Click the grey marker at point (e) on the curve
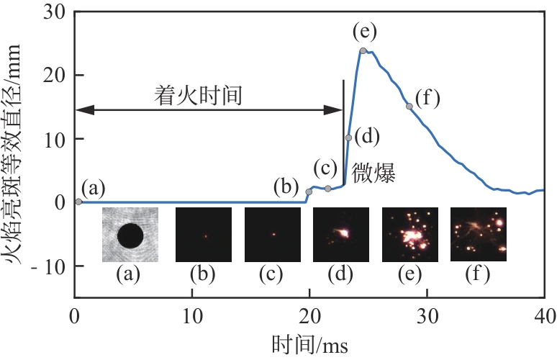pyautogui.click(x=363, y=50)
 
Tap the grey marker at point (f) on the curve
pyautogui.click(x=409, y=107)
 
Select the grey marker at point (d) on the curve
pyautogui.click(x=348, y=138)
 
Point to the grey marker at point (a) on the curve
pyautogui.click(x=78, y=202)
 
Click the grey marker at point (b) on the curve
pyautogui.click(x=309, y=192)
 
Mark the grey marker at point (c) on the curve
pyautogui.click(x=328, y=188)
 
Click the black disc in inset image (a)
pyautogui.click(x=130, y=235)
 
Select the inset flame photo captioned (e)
pyautogui.click(x=409, y=235)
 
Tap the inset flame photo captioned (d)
pyautogui.click(x=340, y=235)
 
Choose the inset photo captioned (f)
pyautogui.click(x=478, y=235)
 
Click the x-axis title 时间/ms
pyautogui.click(x=309, y=346)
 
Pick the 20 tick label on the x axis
pyautogui.click(x=309, y=315)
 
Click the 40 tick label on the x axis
pyautogui.click(x=543, y=315)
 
